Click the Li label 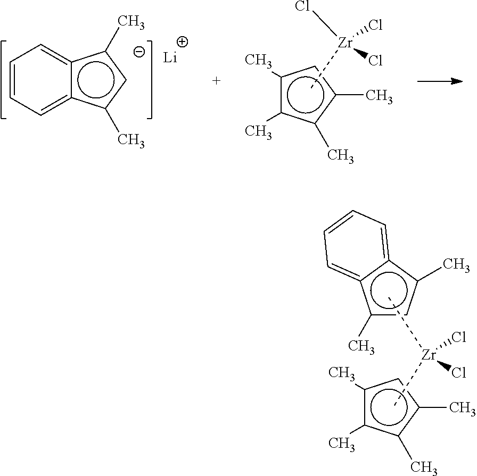(170, 57)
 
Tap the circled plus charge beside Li (183, 42)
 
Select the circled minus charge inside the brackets (139, 52)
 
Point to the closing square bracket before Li (149, 79)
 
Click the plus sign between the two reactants (216, 81)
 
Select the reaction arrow (440, 81)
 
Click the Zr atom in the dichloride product (429, 355)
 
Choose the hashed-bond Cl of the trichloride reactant (375, 26)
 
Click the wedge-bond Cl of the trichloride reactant (375, 61)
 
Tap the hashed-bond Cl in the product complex (459, 337)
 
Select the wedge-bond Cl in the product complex (459, 373)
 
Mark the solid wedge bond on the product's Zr (443, 365)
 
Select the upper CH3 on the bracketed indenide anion (131, 22)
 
